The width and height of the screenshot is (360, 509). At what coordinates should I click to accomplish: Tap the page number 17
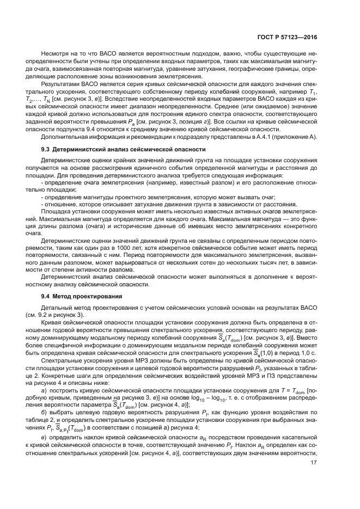(x=314, y=478)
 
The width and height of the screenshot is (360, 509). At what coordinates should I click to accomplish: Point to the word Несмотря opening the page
(x=53, y=54)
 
